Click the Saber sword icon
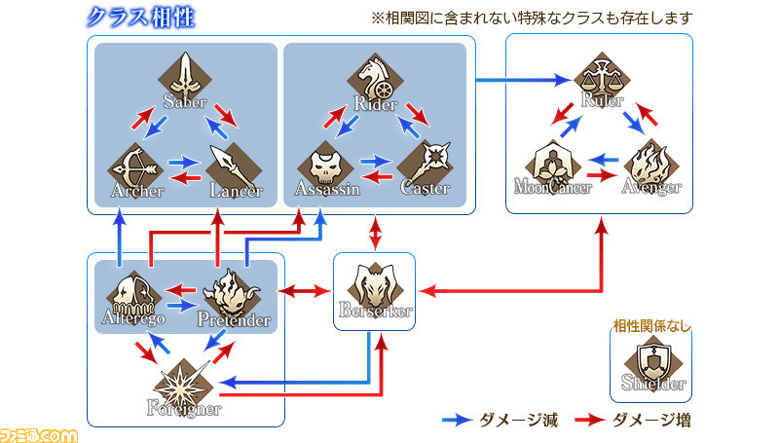tap(185, 78)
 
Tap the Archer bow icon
tap(134, 169)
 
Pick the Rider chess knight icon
tap(375, 80)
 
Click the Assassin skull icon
tap(325, 167)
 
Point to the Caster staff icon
tap(425, 167)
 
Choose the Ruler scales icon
tap(602, 79)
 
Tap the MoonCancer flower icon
tap(553, 166)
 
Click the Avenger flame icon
tap(651, 166)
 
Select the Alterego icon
tap(133, 297)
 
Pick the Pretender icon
tap(232, 297)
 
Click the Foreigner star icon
tap(184, 386)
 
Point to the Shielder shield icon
tap(652, 362)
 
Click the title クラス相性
tap(140, 18)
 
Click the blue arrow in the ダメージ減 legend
tap(457, 421)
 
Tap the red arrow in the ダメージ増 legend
tap(590, 421)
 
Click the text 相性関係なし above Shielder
tap(651, 326)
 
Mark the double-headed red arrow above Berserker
tap(376, 233)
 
